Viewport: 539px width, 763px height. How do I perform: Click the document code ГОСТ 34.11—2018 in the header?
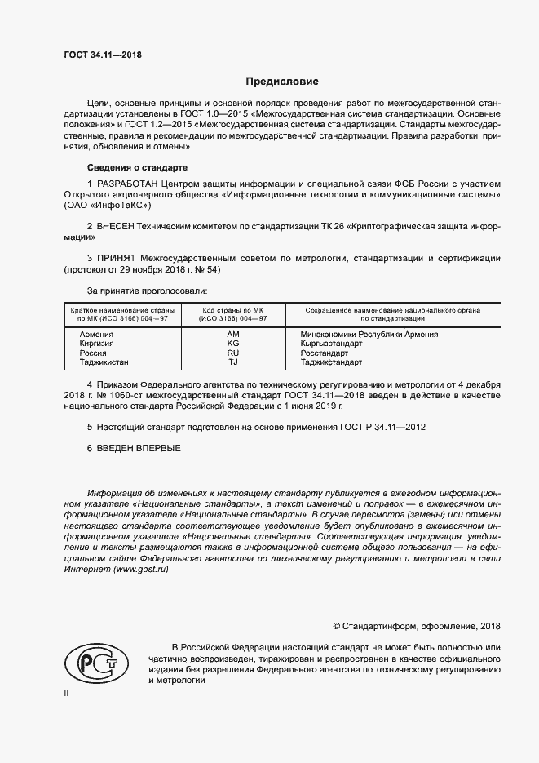[102, 55]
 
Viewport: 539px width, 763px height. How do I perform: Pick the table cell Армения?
[96, 335]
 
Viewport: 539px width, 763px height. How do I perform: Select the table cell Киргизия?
[97, 344]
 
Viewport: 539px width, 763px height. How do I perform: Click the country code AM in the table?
[232, 335]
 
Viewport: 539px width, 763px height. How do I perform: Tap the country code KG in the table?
[232, 344]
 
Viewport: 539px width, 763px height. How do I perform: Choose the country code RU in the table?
[232, 353]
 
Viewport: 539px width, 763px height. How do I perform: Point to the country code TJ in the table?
[232, 362]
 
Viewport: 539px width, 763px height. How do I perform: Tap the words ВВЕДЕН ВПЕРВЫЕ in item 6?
[139, 449]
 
